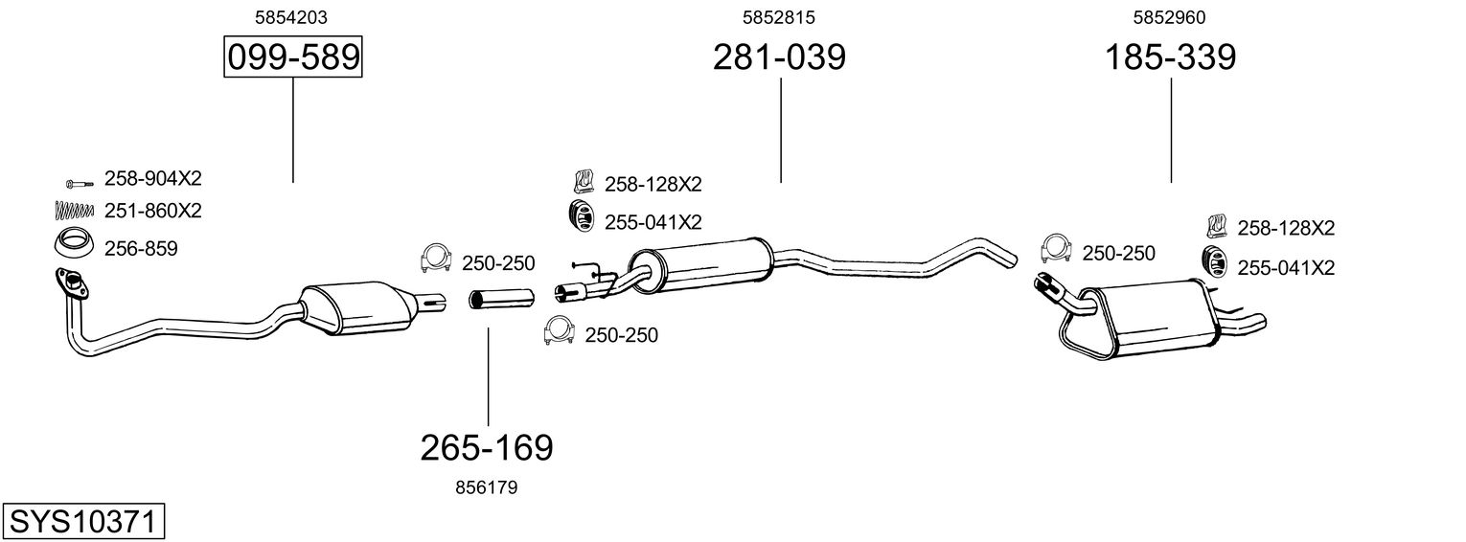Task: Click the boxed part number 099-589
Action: tap(292, 57)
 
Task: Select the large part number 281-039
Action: tap(779, 57)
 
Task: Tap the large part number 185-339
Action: tap(1171, 57)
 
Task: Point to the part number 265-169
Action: tap(487, 447)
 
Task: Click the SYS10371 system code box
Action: tap(82, 522)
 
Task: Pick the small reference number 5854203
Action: tap(292, 16)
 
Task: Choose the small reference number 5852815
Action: tap(779, 16)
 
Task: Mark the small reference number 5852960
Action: tap(1169, 16)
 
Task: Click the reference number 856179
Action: tap(487, 487)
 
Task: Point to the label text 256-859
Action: tap(141, 249)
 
